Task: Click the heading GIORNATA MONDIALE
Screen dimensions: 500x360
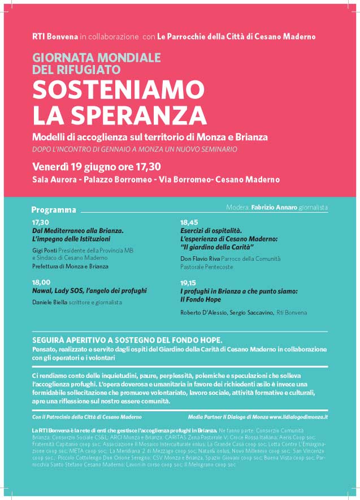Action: tap(97, 58)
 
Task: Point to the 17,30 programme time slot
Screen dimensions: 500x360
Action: tap(41, 222)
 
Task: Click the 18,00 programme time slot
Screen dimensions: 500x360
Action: tap(41, 282)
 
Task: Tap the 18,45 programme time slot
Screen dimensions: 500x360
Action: tap(189, 222)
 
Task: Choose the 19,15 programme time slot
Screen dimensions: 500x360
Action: tap(189, 282)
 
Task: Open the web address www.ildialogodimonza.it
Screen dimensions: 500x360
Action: tap(290, 416)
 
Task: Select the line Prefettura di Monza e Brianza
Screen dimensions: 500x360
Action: tap(70, 266)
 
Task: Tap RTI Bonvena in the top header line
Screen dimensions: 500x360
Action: tap(55, 36)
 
